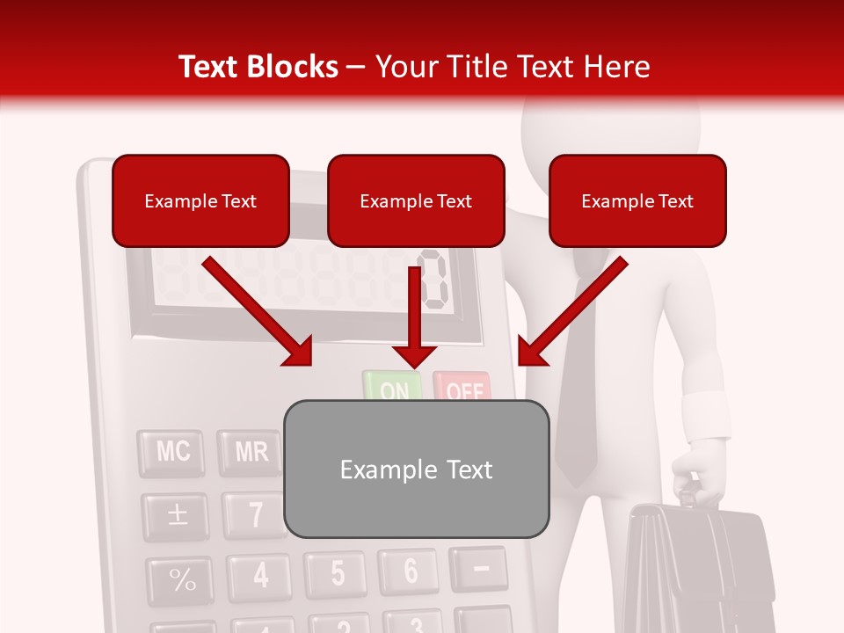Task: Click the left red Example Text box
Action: (200, 200)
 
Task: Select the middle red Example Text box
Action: (416, 200)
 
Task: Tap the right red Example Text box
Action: (637, 200)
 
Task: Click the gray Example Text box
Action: (416, 469)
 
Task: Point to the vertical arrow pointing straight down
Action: (413, 316)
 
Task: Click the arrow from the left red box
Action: (255, 309)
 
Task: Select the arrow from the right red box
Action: (573, 309)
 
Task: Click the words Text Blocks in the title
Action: (258, 67)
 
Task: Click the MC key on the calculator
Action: (172, 452)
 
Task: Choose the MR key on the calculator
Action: (251, 452)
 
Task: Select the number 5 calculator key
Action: (337, 572)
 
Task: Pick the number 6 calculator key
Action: (409, 571)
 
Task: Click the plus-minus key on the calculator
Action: (178, 515)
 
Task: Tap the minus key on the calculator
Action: (480, 568)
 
